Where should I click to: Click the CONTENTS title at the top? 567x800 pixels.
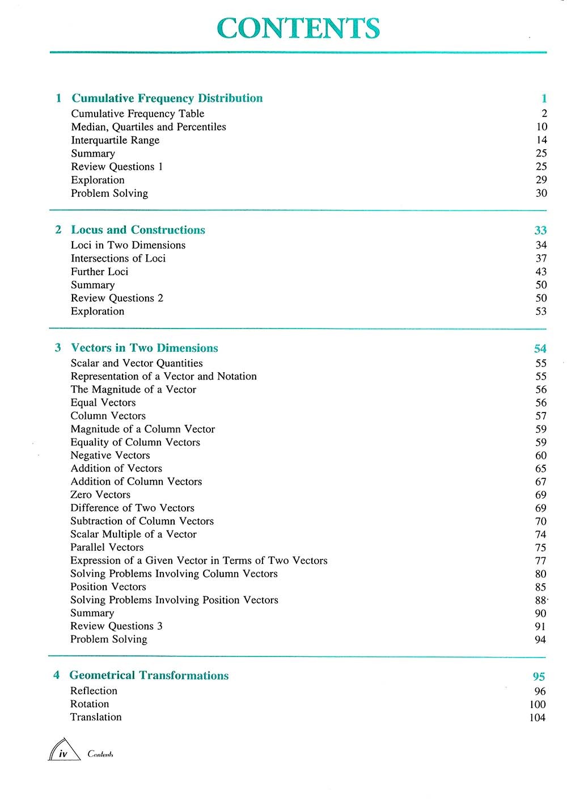pos(298,28)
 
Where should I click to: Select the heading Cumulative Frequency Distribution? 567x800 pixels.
pos(167,98)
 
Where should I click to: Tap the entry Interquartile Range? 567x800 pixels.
pos(115,140)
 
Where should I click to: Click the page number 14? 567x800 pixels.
pos(541,140)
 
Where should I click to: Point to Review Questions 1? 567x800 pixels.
pos(117,167)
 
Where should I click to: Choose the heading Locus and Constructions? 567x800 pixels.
pos(138,230)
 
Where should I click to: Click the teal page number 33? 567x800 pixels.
pos(540,230)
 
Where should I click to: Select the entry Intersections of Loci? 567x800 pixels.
pos(118,258)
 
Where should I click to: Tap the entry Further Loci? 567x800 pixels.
pos(99,272)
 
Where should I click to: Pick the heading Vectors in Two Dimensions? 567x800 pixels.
pos(144,348)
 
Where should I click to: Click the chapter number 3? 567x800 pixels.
pos(58,348)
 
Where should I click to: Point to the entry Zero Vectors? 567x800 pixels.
pos(100,495)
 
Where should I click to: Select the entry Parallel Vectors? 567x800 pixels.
pos(107,548)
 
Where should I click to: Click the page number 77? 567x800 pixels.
pos(540,561)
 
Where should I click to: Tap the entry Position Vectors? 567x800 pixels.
pos(108,587)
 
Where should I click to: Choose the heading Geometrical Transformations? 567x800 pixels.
pos(149,675)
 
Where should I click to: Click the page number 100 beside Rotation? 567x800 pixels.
pos(537,705)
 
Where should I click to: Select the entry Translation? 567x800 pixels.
pos(96,717)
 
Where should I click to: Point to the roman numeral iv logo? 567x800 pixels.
pos(64,751)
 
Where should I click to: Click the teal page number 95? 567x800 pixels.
pos(539,676)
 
